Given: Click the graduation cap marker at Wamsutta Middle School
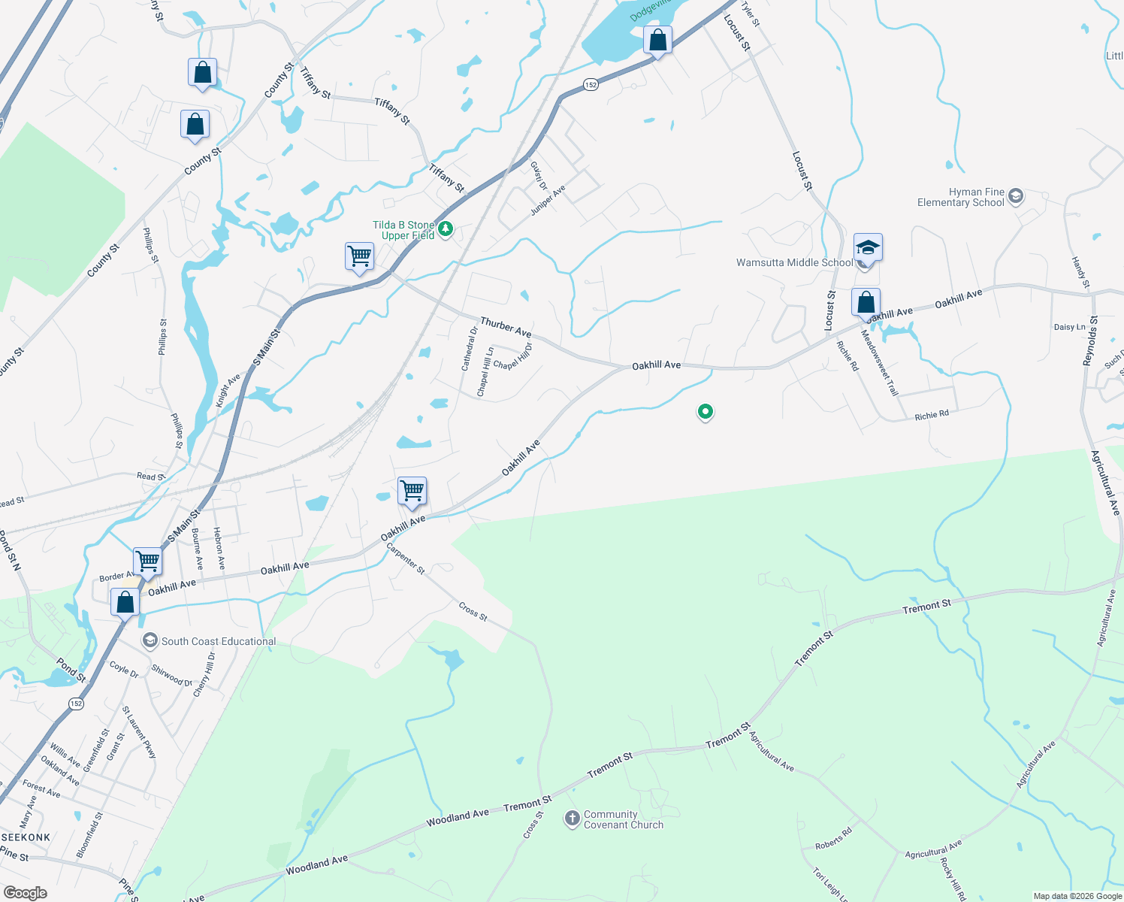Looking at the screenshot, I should click(868, 247).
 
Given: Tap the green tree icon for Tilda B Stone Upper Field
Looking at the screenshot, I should click(446, 228).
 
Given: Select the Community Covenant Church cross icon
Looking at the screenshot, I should click(573, 818).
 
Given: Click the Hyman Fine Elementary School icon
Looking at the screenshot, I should click(1016, 197).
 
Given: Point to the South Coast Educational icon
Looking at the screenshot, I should click(150, 640).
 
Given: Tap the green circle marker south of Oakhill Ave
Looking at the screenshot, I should click(705, 411).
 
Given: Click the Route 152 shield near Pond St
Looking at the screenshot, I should click(75, 704).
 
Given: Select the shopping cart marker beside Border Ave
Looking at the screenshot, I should click(148, 561).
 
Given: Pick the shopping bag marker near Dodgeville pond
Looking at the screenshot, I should click(657, 41).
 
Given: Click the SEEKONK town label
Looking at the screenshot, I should click(26, 837).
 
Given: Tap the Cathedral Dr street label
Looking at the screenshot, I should click(470, 349).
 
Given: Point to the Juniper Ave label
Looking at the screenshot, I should click(548, 200).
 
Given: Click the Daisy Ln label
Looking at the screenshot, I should click(1069, 327).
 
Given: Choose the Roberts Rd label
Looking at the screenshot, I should click(833, 838).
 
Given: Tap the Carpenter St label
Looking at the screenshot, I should click(406, 559).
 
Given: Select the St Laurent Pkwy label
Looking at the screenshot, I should click(139, 732).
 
